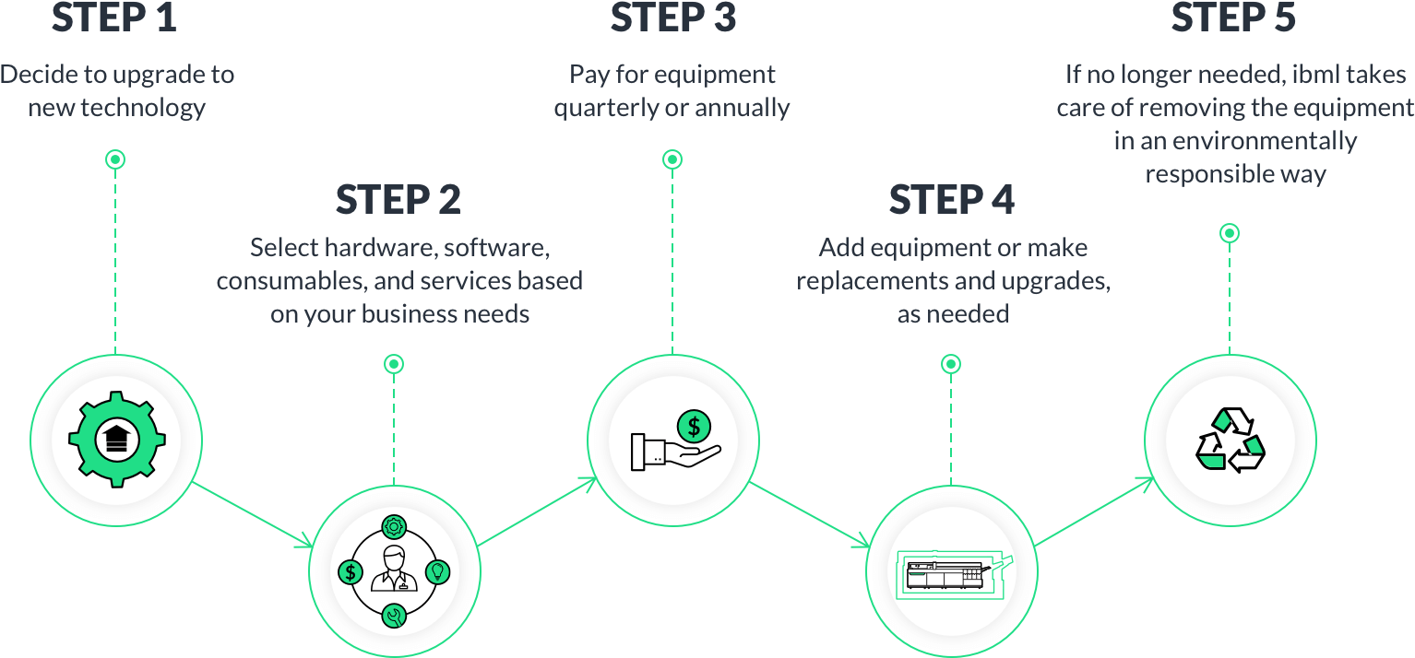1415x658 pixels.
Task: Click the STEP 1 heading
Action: click(113, 18)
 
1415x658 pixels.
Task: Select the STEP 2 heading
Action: click(398, 200)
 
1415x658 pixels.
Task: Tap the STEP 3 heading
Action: click(672, 18)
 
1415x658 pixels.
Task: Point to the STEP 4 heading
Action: click(951, 200)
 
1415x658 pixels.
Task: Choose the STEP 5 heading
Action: click(1232, 18)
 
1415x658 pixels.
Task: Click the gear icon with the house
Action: click(116, 439)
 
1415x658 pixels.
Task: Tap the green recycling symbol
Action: click(1231, 439)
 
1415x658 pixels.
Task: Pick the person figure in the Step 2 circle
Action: click(394, 570)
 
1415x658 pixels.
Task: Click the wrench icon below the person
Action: click(394, 617)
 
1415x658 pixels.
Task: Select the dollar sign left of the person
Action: click(350, 572)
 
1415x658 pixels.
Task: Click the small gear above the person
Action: click(394, 527)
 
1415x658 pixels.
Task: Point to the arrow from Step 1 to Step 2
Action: click(251, 512)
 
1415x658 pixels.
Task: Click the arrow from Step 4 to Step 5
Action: click(1092, 512)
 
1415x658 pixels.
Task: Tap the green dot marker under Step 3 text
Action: click(672, 159)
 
